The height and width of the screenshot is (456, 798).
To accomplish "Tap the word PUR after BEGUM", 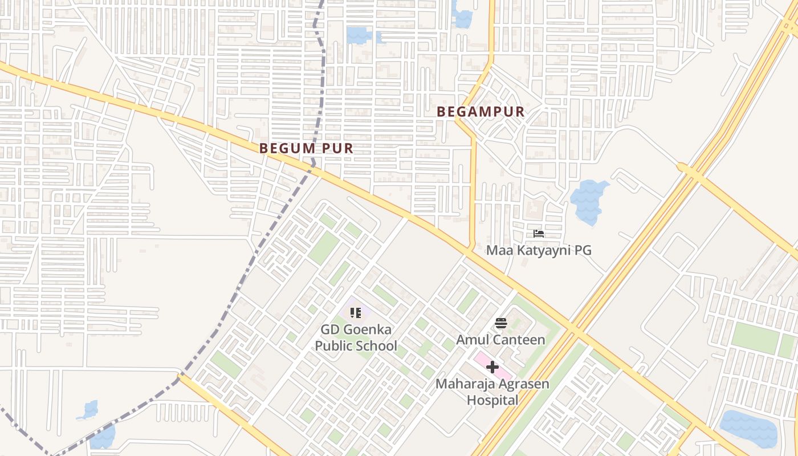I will coord(337,148).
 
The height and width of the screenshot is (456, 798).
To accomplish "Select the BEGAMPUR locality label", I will coord(481,112).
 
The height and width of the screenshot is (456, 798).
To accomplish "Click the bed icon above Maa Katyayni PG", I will coord(539,234).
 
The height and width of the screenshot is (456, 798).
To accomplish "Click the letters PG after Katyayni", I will coord(583,250).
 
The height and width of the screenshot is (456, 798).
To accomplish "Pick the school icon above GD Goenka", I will coord(356,312).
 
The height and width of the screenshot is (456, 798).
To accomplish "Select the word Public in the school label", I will coord(333,346).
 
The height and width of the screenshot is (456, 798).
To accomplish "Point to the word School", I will coord(376,346).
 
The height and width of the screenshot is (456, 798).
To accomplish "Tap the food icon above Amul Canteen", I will coord(501,323).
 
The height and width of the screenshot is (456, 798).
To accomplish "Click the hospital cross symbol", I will coord(492,368).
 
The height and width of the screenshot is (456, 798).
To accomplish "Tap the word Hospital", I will coord(492,400).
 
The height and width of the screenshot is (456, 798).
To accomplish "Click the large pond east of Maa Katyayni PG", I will coord(589,201).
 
